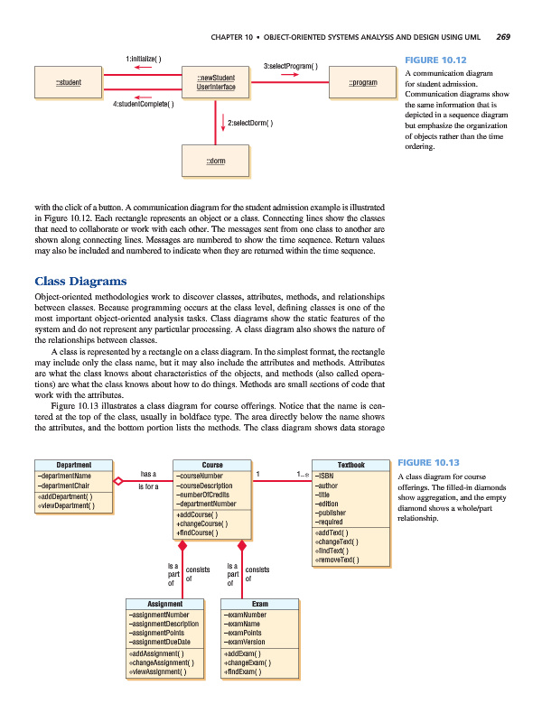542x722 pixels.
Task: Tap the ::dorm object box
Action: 215,162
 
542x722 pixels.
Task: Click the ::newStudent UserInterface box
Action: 215,83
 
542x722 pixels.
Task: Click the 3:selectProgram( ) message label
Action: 290,66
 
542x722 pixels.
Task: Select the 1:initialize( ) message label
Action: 144,59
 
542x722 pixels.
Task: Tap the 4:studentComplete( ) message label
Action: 145,104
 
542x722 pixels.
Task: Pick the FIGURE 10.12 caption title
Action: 436,60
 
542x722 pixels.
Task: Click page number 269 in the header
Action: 503,37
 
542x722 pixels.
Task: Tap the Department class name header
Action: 73,465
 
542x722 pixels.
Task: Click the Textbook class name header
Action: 350,465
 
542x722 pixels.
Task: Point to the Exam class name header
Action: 259,604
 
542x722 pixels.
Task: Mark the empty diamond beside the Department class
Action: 117,480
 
